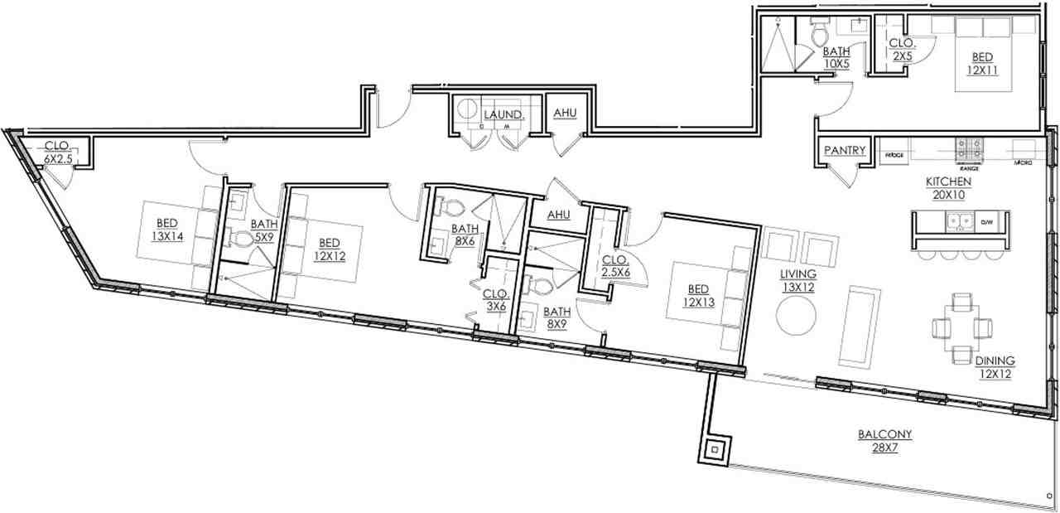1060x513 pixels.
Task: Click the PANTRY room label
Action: [845, 151]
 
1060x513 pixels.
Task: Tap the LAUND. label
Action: [503, 114]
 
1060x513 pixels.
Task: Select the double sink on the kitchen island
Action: [959, 222]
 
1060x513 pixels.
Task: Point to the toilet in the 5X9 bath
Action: [243, 240]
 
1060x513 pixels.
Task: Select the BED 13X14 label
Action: [167, 229]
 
